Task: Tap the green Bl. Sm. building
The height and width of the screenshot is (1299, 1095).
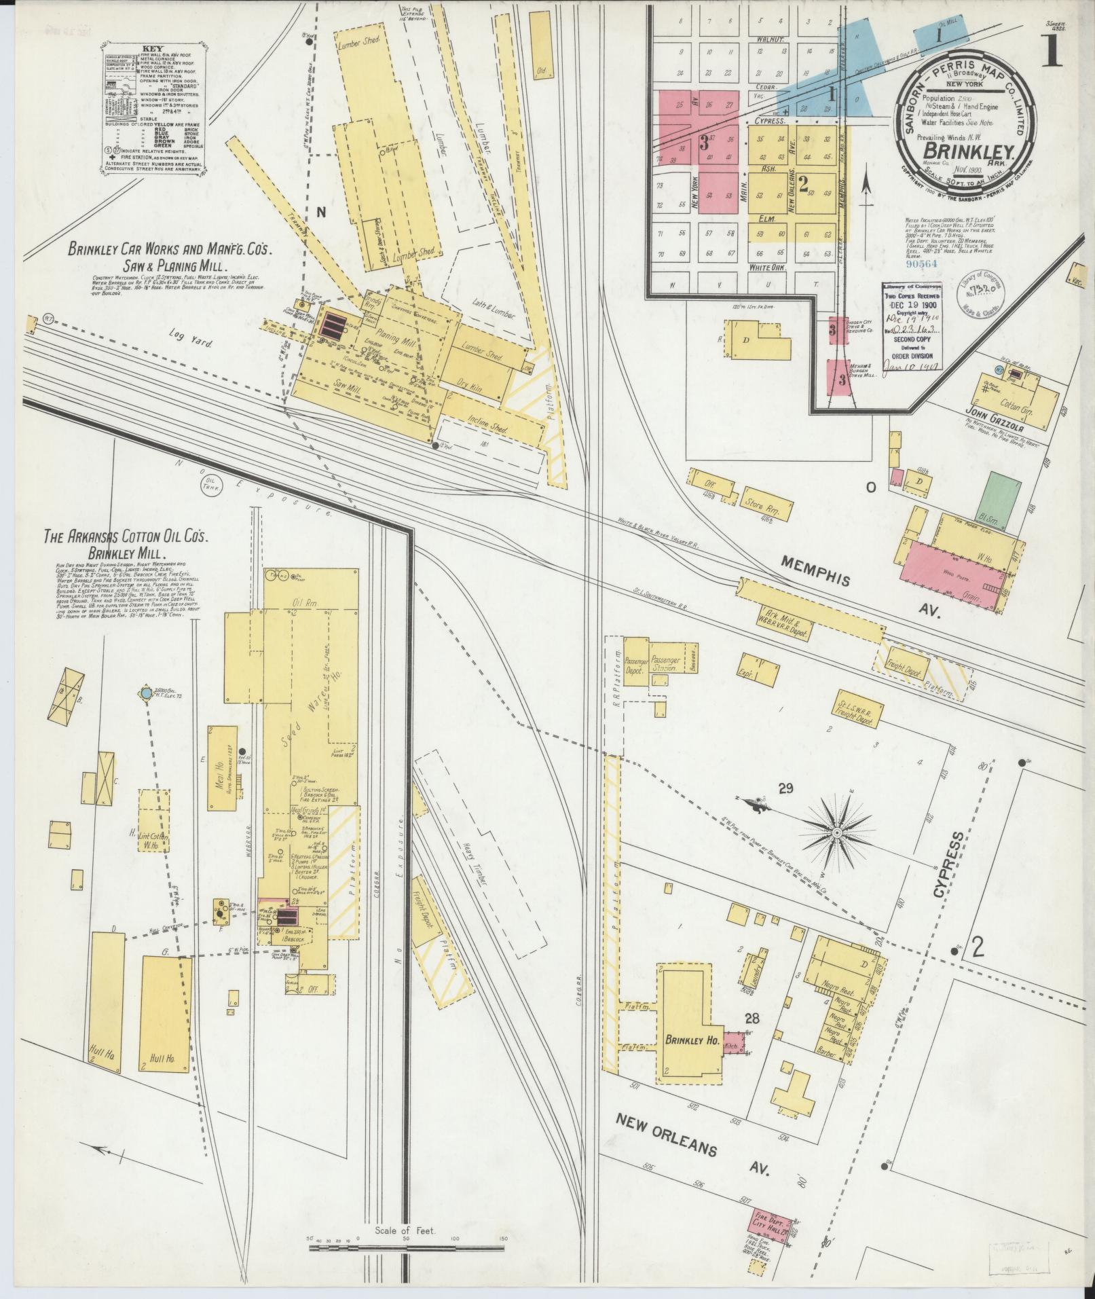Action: tap(1000, 498)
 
